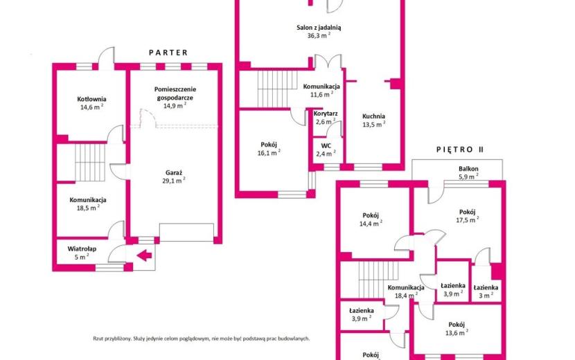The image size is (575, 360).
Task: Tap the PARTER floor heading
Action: [x=168, y=53]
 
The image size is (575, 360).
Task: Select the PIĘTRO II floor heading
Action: [x=460, y=150]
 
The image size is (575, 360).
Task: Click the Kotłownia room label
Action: [x=91, y=99]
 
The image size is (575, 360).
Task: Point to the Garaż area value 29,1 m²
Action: [x=173, y=181]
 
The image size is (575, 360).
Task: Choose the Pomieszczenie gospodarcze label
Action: [x=175, y=93]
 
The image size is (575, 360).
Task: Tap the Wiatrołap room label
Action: [x=82, y=249]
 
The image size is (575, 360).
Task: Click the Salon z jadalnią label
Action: [x=319, y=28]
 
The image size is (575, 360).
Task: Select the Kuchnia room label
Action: [x=373, y=116]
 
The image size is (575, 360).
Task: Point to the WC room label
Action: [x=326, y=146]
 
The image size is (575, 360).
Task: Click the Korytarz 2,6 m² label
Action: [x=326, y=118]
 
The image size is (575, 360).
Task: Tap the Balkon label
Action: [x=468, y=169]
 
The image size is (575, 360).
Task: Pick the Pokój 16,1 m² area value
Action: [x=269, y=153]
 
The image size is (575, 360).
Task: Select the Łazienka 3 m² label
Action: [x=486, y=291]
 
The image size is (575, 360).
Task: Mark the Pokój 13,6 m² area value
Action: [x=457, y=333]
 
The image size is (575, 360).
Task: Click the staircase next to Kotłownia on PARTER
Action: [x=90, y=163]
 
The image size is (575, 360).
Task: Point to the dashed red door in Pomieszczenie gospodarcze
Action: [x=148, y=118]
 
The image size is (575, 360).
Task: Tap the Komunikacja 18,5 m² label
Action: [x=88, y=204]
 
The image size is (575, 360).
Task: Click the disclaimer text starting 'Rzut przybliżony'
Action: [x=202, y=339]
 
